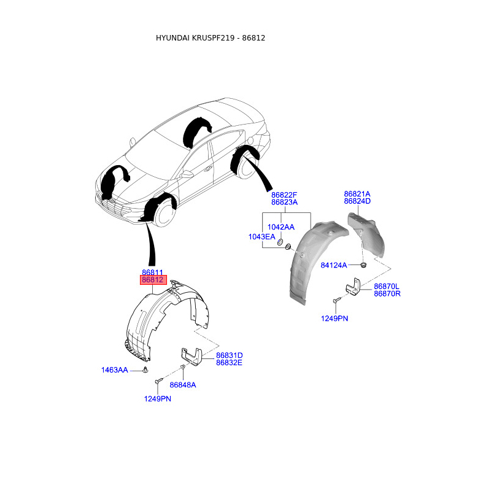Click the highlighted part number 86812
[x=152, y=280]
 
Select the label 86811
[x=152, y=272]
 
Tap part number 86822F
[x=284, y=194]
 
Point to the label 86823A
[x=284, y=202]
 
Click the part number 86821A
[x=357, y=193]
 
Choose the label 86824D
[x=357, y=201]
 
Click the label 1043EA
[x=261, y=236]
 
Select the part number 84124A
[x=334, y=265]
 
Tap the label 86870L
[x=387, y=286]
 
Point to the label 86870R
[x=387, y=294]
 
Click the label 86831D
[x=230, y=355]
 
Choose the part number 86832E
[x=230, y=363]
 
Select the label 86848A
[x=183, y=385]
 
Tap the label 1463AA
[x=115, y=370]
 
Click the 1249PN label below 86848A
[x=158, y=399]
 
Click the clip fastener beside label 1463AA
[x=145, y=369]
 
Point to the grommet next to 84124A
[x=363, y=265]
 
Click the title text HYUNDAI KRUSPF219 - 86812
[x=211, y=37]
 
